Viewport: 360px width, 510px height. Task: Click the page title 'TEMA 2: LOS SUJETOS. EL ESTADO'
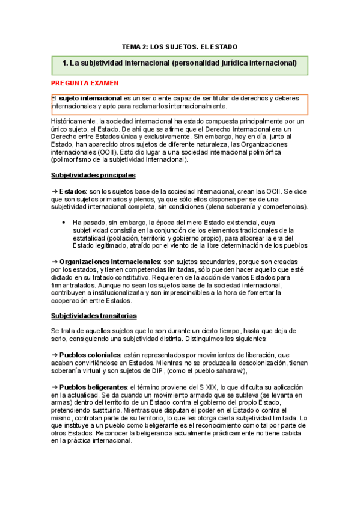point(180,46)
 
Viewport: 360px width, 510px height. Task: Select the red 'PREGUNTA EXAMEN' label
point(84,83)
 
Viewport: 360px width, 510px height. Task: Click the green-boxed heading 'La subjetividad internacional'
point(180,63)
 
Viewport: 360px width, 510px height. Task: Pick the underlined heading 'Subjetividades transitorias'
point(93,316)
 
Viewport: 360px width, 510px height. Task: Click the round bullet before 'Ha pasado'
point(64,222)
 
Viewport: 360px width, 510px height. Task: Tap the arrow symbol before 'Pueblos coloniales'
point(54,355)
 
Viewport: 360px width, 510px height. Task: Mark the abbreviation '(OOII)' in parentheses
point(104,152)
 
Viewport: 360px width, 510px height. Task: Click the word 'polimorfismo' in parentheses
point(73,160)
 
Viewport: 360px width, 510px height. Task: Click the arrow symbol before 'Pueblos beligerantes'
point(54,387)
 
